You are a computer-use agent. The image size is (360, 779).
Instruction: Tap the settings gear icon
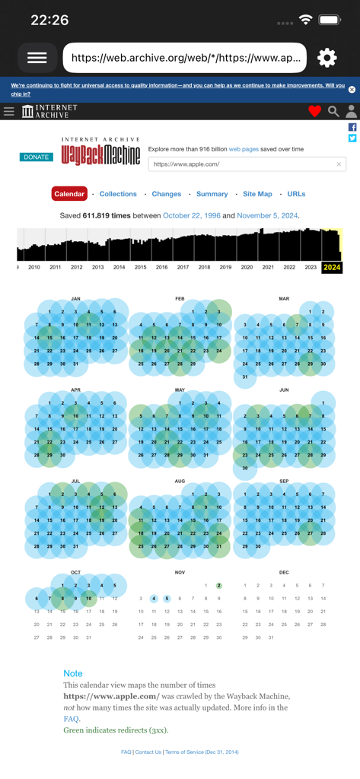click(327, 58)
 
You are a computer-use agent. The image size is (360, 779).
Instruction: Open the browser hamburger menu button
click(37, 58)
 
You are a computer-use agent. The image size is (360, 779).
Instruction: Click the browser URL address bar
click(185, 58)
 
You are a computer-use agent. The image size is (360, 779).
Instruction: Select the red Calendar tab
click(69, 194)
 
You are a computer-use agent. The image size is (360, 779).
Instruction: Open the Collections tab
click(118, 194)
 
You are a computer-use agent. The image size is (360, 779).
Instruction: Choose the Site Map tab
click(257, 194)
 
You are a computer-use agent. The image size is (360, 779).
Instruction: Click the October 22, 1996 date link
click(192, 216)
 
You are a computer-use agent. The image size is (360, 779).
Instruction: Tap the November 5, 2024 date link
click(267, 216)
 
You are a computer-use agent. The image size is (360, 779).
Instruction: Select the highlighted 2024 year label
click(332, 268)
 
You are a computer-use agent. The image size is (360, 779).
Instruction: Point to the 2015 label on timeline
click(140, 268)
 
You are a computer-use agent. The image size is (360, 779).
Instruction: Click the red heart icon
click(314, 112)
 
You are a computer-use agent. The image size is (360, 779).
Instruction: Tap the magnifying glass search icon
click(333, 112)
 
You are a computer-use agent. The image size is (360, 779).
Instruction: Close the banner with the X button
click(352, 90)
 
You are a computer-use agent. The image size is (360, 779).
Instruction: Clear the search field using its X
click(339, 164)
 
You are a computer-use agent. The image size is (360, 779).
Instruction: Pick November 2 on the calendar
click(218, 586)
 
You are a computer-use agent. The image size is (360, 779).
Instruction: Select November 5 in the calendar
click(167, 599)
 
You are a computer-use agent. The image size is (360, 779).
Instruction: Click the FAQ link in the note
click(71, 718)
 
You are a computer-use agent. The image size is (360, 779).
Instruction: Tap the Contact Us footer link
click(148, 752)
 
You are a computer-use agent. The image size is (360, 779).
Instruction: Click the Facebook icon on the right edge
click(352, 128)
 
